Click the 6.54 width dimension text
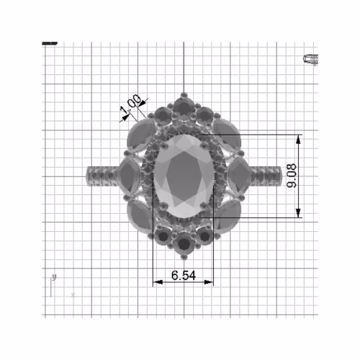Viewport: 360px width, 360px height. (183, 275)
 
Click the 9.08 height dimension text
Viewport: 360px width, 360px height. (292, 176)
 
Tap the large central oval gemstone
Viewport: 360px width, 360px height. (183, 175)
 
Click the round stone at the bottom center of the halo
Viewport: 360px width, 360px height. (184, 244)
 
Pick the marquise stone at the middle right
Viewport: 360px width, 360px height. (238, 175)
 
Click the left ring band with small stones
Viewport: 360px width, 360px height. (101, 175)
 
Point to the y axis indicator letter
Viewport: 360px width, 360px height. (55, 277)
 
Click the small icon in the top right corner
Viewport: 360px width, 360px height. (311, 59)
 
